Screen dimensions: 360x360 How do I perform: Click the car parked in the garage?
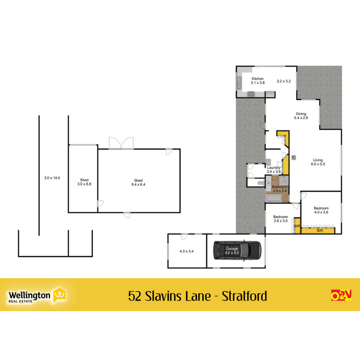click(237, 250)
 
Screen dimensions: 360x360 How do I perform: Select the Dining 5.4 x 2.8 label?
click(301, 116)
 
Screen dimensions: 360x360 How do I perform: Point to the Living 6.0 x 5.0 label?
click(318, 162)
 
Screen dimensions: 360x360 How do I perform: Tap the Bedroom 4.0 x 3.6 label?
click(321, 210)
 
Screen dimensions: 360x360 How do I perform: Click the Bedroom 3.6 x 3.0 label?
click(281, 219)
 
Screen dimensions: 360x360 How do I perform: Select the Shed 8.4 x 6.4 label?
click(138, 182)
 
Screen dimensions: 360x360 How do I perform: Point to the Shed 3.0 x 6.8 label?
click(84, 182)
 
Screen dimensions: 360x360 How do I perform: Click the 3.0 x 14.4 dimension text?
click(52, 178)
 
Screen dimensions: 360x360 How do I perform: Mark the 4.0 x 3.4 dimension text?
click(187, 251)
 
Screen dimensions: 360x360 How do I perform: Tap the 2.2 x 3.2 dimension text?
click(284, 81)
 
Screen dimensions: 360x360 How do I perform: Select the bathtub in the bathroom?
click(273, 198)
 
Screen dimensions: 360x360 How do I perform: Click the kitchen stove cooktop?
click(251, 94)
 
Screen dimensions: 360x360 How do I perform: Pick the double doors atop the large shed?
click(121, 143)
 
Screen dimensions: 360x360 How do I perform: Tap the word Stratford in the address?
click(244, 296)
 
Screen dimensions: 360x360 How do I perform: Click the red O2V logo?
click(341, 295)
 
